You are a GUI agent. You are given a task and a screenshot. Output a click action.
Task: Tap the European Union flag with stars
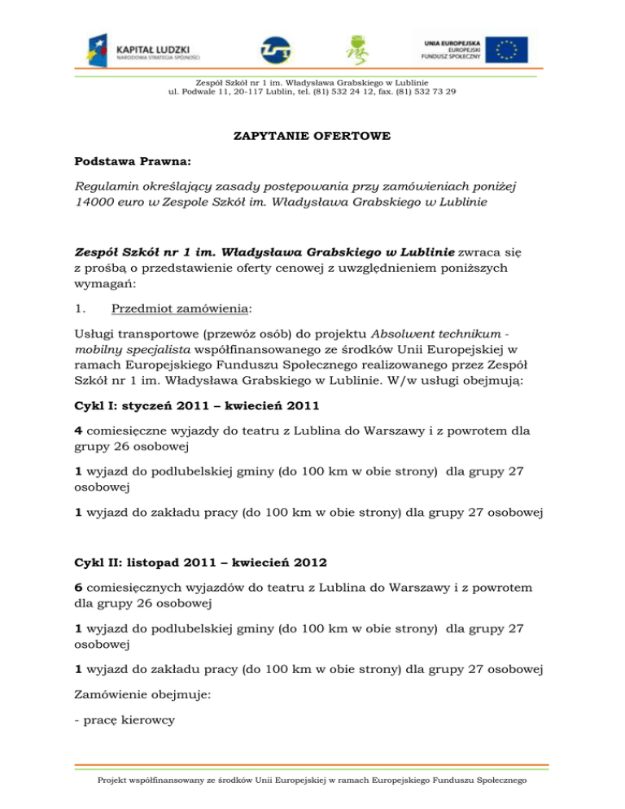click(503, 49)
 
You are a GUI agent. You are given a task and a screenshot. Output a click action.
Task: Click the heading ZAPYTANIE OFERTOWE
click(312, 136)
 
